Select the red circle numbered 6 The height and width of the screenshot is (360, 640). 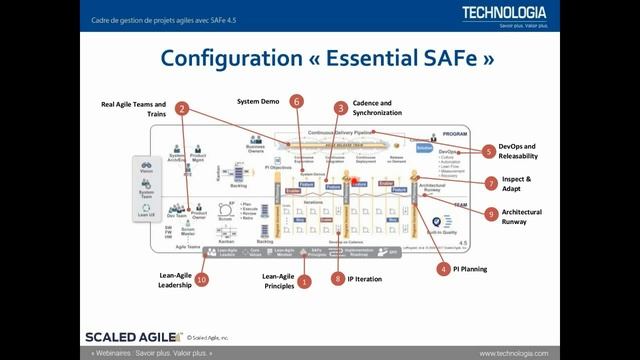tap(296, 101)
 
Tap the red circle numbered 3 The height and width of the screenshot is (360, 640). tap(341, 108)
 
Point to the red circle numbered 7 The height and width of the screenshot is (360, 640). tap(490, 183)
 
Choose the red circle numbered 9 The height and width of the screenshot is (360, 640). tap(490, 214)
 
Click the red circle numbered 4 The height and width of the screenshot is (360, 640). tap(442, 268)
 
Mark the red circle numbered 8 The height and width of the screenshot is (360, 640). tap(338, 280)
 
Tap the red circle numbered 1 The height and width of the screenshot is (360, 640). tap(305, 282)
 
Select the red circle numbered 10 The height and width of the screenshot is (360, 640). tap(202, 280)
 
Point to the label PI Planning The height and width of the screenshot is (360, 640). tap(470, 268)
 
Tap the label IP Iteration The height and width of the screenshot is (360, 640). tap(366, 280)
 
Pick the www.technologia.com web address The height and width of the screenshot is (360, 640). tap(590, 353)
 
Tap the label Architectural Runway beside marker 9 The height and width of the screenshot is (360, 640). tap(523, 217)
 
